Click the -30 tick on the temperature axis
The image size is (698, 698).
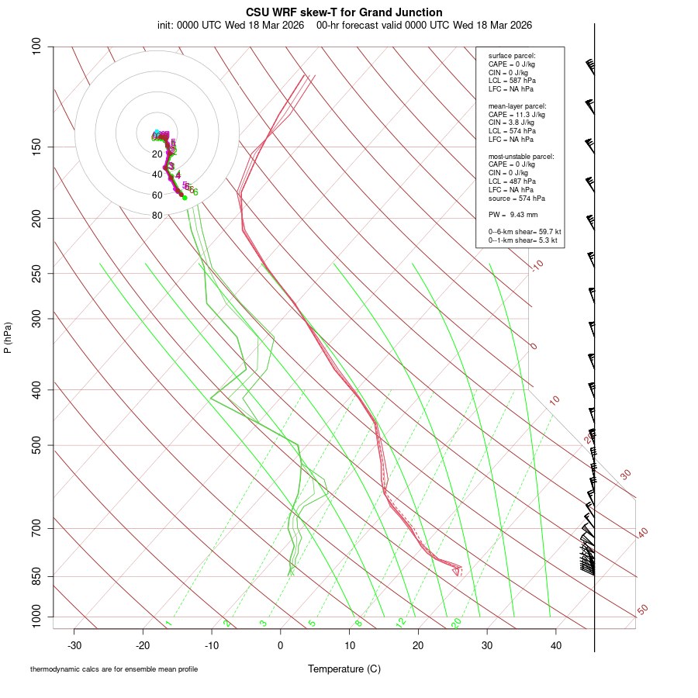[74, 645]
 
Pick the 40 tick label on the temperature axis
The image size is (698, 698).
[556, 645]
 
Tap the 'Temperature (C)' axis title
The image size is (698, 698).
[344, 669]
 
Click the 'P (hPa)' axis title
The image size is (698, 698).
[8, 337]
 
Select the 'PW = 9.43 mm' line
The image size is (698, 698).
[513, 214]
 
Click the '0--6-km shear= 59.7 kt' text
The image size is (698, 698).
[524, 231]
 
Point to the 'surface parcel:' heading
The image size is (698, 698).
[512, 56]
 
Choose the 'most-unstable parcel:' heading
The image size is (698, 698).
[521, 156]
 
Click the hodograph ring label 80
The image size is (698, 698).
[157, 216]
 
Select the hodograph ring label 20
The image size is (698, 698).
[157, 154]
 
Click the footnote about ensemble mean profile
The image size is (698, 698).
[114, 669]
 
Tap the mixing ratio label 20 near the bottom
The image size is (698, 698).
[457, 623]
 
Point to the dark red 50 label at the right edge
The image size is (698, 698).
[643, 610]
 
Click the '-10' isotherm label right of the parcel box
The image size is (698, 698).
[536, 265]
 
